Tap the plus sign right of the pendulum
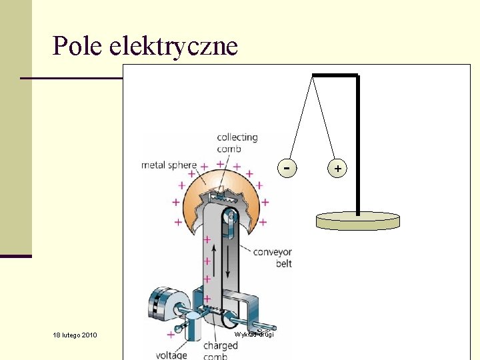click(x=338, y=169)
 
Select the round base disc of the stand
click(x=357, y=221)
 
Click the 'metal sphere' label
click(x=169, y=165)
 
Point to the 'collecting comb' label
click(x=237, y=143)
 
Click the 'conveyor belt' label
click(x=272, y=257)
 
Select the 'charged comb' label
click(x=220, y=350)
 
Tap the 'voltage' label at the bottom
click(x=171, y=355)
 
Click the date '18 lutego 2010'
click(x=75, y=335)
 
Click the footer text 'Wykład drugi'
click(x=254, y=334)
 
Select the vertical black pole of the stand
click(x=358, y=147)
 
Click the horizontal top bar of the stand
click(x=335, y=75)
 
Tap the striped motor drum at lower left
click(x=162, y=305)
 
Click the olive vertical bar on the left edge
click(x=15, y=127)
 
